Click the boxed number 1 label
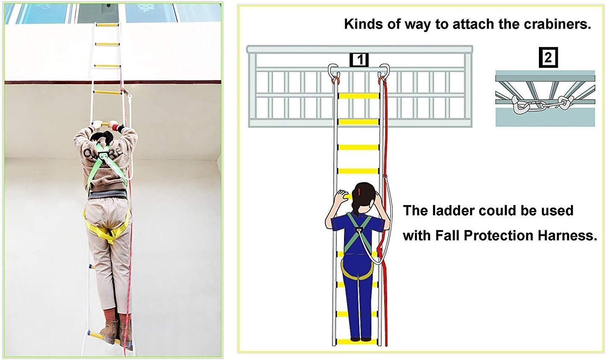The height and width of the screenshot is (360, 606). [359, 60]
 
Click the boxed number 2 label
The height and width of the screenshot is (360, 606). [548, 58]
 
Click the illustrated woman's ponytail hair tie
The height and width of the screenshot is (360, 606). [359, 192]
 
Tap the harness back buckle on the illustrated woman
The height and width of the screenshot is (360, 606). [359, 230]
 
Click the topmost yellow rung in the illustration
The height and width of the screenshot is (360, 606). [359, 96]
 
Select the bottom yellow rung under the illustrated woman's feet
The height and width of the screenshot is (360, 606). [359, 341]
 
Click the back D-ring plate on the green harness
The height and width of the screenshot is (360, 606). [104, 155]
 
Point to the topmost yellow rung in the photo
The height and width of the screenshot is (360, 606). [107, 25]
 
